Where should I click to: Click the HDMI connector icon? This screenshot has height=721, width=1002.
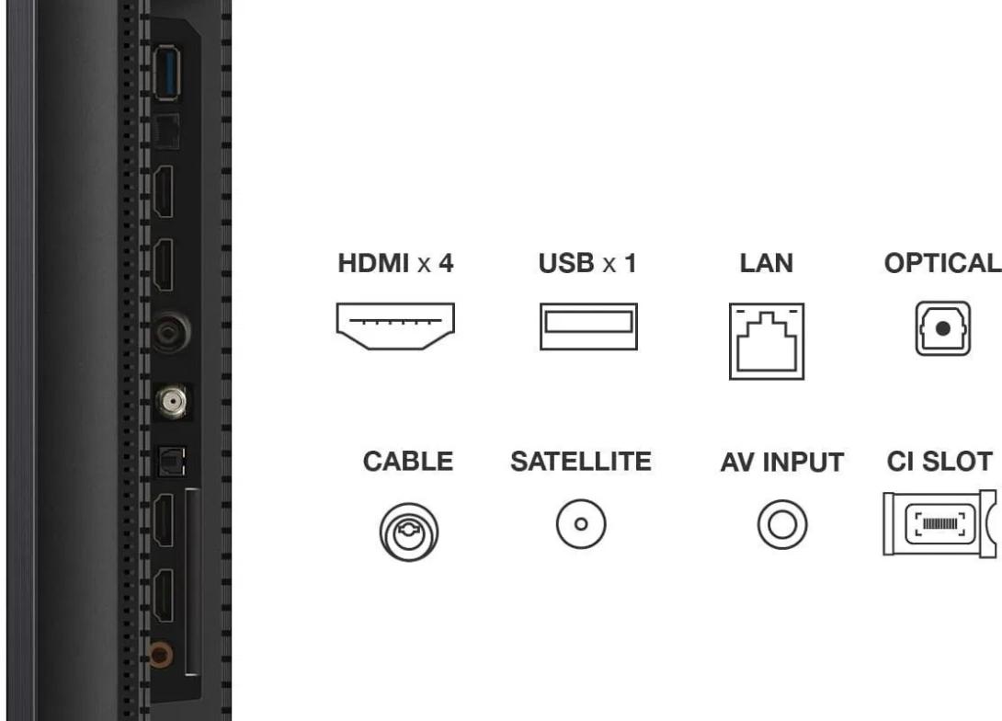click(395, 326)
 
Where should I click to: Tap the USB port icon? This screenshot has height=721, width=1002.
click(588, 326)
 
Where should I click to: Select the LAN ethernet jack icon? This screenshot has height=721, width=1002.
click(767, 341)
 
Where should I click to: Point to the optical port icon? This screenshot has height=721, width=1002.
click(942, 328)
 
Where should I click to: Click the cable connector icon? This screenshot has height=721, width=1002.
click(409, 532)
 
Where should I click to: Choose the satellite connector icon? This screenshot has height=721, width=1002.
click(581, 524)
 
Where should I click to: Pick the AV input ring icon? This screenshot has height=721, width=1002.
click(782, 525)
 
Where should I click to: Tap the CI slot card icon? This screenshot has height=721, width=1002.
click(939, 523)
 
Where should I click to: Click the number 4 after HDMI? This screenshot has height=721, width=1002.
click(446, 263)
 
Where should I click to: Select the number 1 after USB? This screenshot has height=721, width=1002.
click(631, 263)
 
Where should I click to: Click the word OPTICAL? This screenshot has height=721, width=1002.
click(942, 263)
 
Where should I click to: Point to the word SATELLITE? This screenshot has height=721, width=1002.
click(581, 462)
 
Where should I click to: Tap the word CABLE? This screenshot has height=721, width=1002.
click(408, 462)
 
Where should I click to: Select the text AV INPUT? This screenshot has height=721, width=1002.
click(782, 463)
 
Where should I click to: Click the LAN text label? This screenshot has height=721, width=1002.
click(767, 263)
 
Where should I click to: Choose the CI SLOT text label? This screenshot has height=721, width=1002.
click(939, 462)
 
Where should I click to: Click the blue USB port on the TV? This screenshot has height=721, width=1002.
click(167, 73)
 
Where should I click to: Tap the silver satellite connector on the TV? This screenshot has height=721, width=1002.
click(172, 401)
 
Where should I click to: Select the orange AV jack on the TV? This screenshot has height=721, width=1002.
click(160, 655)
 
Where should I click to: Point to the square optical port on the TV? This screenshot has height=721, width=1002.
click(171, 462)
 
